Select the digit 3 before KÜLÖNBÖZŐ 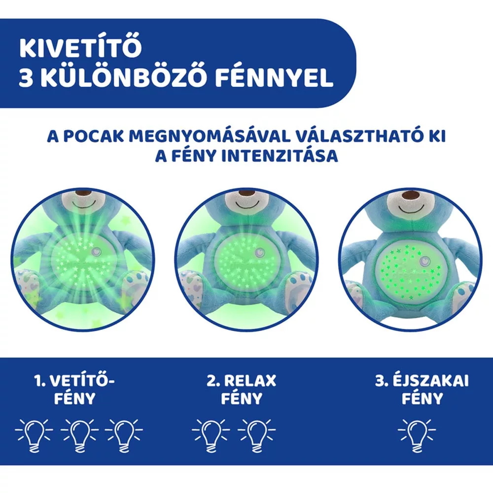click(x=26, y=78)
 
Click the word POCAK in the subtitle click(x=93, y=137)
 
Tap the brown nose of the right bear click(x=410, y=196)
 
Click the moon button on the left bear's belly click(x=96, y=251)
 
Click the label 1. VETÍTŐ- click(x=74, y=381)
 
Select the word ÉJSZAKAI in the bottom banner click(x=430, y=381)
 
